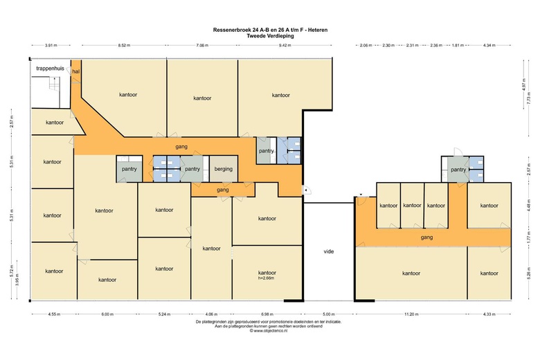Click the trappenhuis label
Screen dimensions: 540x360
50,69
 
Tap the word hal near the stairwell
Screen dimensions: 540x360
76,71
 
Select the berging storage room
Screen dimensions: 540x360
224,169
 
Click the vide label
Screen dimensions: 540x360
329,251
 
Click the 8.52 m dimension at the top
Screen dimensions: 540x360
124,45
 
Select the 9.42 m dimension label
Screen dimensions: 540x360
285,45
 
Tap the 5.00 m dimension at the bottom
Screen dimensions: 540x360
329,314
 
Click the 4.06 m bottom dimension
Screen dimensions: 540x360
211,314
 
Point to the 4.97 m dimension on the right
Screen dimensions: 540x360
524,84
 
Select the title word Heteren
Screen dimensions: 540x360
318,30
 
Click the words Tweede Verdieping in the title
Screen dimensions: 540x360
270,35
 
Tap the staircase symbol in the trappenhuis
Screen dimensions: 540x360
54,84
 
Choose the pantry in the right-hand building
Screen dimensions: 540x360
458,170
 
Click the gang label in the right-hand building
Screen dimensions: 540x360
426,237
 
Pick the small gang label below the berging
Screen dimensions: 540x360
223,190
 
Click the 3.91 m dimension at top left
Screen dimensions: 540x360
51,45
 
